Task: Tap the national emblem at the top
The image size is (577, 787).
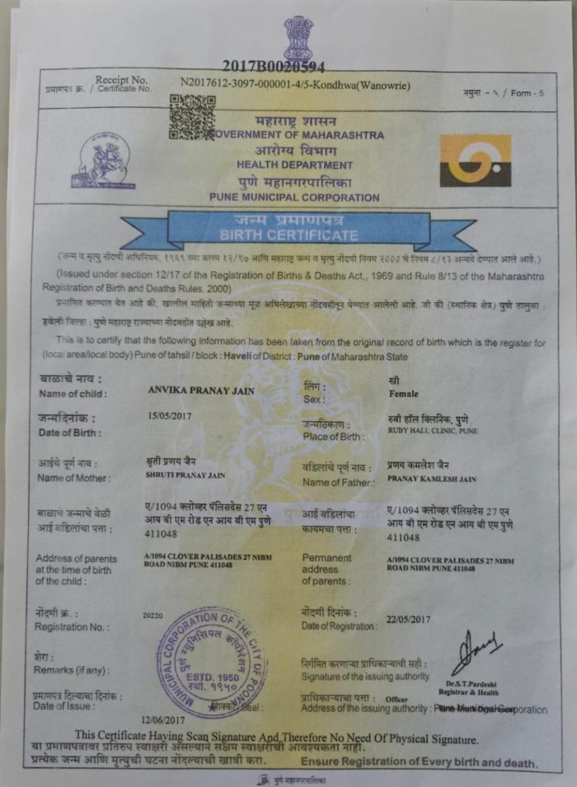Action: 298,37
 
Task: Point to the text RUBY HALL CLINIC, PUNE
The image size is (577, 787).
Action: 432,431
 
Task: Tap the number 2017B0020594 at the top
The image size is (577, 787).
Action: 273,66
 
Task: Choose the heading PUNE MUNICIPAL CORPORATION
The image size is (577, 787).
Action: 294,198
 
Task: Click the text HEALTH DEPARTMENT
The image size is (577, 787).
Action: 294,165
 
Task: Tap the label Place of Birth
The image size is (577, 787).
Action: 333,436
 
